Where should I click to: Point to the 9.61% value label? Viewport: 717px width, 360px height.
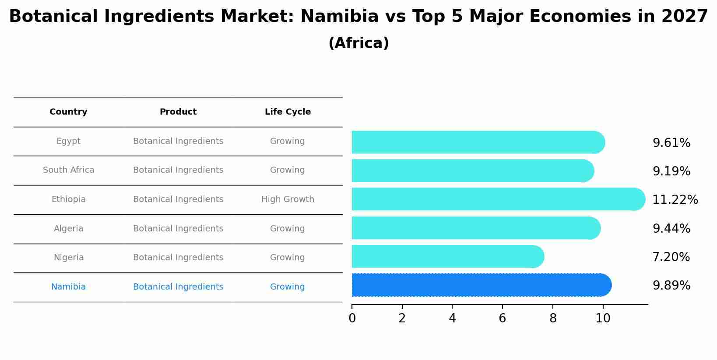pos(671,143)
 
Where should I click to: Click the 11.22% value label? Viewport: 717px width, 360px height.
pos(675,200)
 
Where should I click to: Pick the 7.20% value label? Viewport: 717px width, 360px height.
pos(671,257)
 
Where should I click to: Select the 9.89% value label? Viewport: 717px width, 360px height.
pos(671,286)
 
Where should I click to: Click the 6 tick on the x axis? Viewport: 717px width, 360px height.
pos(502,318)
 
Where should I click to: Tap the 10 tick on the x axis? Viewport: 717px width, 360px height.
pos(603,318)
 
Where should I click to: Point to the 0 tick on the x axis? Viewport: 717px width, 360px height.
pos(352,318)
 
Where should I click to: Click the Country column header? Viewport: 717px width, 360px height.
pos(68,112)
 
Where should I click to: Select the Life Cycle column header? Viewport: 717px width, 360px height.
pos(288,112)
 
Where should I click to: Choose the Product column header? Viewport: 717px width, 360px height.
pos(178,112)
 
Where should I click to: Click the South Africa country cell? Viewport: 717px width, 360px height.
pos(68,170)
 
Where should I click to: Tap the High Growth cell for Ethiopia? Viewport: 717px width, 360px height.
pos(288,199)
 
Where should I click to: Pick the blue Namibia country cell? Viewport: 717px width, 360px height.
pos(68,287)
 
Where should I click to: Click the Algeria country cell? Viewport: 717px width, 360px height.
pos(68,229)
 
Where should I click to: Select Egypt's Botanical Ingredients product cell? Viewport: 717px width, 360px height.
pos(178,141)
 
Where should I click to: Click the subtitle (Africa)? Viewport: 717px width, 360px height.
pos(358,43)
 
